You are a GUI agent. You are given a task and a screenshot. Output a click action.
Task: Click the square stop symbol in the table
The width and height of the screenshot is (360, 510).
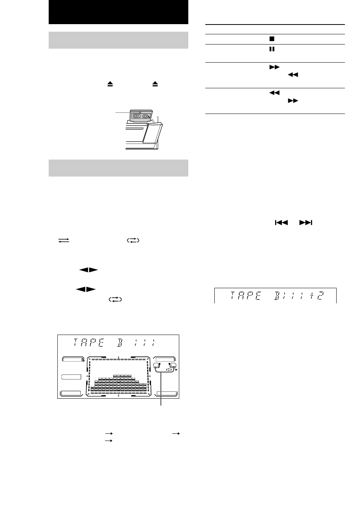272,39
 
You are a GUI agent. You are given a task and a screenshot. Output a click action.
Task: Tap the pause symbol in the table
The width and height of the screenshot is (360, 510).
272,49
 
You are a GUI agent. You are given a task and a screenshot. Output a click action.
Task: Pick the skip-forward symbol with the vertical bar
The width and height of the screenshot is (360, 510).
306,223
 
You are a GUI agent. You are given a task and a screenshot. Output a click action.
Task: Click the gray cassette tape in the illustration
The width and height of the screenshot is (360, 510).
140,116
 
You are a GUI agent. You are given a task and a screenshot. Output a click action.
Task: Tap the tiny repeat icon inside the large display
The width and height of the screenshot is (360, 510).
169,370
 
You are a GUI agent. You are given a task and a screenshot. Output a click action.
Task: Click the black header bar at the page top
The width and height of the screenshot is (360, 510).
118,12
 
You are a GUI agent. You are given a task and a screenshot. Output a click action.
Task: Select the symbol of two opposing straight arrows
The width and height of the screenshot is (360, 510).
64,240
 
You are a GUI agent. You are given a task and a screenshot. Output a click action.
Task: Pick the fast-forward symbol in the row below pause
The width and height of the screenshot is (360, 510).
274,67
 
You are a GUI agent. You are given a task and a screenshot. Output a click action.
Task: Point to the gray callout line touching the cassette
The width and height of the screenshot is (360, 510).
123,112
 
